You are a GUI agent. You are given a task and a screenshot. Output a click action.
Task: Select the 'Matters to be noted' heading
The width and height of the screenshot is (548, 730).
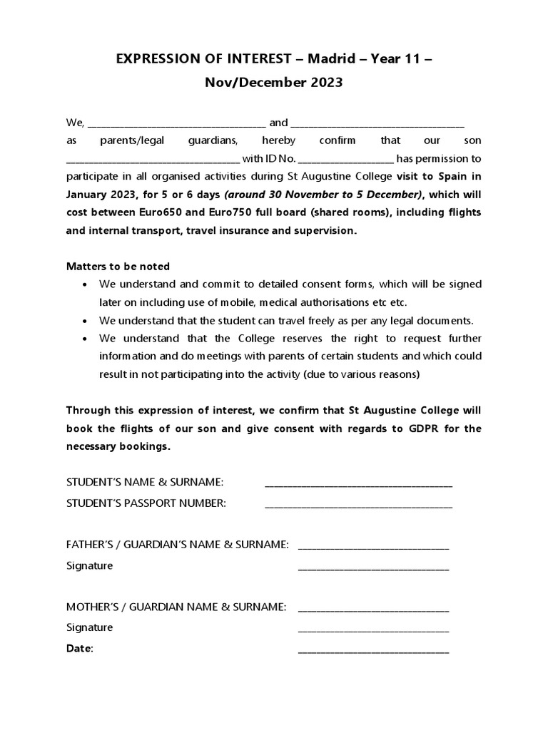(x=118, y=267)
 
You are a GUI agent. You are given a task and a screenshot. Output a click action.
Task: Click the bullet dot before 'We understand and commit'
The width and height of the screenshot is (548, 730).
(x=86, y=284)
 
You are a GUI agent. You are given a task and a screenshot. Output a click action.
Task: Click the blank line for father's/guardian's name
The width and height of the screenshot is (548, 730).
(x=373, y=546)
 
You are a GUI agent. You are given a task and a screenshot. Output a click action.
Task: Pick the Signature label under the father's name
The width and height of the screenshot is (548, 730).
(x=89, y=566)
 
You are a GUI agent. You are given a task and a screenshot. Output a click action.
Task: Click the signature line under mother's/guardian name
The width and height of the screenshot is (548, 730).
(x=373, y=629)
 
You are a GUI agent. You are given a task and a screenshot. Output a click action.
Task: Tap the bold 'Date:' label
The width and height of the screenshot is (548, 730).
(x=79, y=649)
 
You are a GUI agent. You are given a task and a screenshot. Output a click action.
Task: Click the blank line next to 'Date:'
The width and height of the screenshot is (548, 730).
(x=373, y=650)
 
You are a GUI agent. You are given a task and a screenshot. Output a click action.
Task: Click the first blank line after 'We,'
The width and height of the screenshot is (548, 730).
(x=176, y=123)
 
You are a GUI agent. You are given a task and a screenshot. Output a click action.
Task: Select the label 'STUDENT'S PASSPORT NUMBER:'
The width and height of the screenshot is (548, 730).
(x=146, y=503)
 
